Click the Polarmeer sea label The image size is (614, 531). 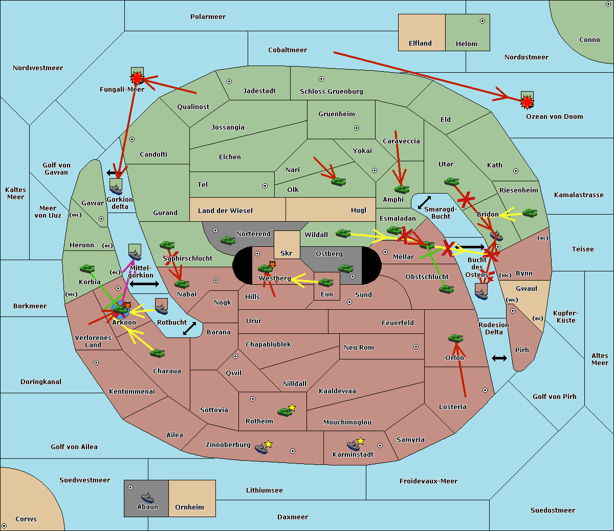click(x=208, y=17)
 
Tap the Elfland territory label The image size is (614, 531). click(x=420, y=44)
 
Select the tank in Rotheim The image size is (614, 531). click(x=284, y=412)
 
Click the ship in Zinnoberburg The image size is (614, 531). click(x=261, y=449)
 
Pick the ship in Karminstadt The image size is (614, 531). click(x=353, y=445)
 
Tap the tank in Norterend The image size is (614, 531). click(x=228, y=241)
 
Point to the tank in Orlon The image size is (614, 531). click(x=456, y=338)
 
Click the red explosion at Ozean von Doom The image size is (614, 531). click(x=527, y=102)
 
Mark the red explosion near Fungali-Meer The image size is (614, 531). click(x=137, y=78)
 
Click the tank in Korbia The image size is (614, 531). click(x=87, y=269)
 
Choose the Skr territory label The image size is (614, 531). click(x=287, y=253)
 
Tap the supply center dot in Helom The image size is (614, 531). click(x=483, y=21)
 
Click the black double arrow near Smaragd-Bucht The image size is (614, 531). click(x=424, y=202)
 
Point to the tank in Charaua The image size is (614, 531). click(x=158, y=353)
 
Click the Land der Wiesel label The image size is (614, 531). click(x=225, y=211)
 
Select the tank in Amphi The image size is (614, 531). click(x=402, y=189)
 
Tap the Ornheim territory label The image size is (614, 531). click(x=189, y=507)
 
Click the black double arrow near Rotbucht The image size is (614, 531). click(x=189, y=329)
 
